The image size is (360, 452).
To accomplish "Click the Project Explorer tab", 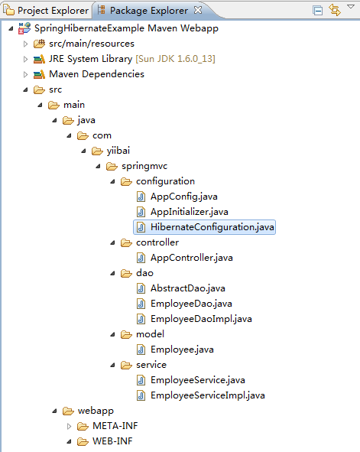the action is (x=46, y=11).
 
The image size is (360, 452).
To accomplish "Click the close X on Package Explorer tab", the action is (x=198, y=10).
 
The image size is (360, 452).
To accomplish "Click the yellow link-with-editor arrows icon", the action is (x=335, y=10).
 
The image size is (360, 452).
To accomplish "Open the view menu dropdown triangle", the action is (x=351, y=7).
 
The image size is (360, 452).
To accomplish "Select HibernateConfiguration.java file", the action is (x=212, y=227).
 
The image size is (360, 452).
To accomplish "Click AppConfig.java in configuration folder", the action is (x=184, y=197).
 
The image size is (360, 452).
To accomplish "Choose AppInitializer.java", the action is (x=190, y=212).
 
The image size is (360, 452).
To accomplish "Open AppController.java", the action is (x=192, y=258).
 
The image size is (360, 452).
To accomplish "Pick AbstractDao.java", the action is (x=188, y=288).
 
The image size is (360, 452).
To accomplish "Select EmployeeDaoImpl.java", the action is (x=201, y=319).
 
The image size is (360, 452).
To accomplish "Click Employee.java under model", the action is (x=182, y=350).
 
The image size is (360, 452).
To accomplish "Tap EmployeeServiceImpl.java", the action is (x=208, y=395).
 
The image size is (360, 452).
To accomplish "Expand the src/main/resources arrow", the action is (x=25, y=44).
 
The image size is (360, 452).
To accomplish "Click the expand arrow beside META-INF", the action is (x=69, y=426).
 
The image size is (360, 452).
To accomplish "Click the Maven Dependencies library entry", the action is (x=96, y=74).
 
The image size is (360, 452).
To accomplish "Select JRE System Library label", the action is (x=90, y=59).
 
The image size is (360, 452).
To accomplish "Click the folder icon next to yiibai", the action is (x=97, y=151).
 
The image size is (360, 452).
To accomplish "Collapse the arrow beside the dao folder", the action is (x=112, y=273).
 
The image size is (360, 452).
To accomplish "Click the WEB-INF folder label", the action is (x=112, y=441).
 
